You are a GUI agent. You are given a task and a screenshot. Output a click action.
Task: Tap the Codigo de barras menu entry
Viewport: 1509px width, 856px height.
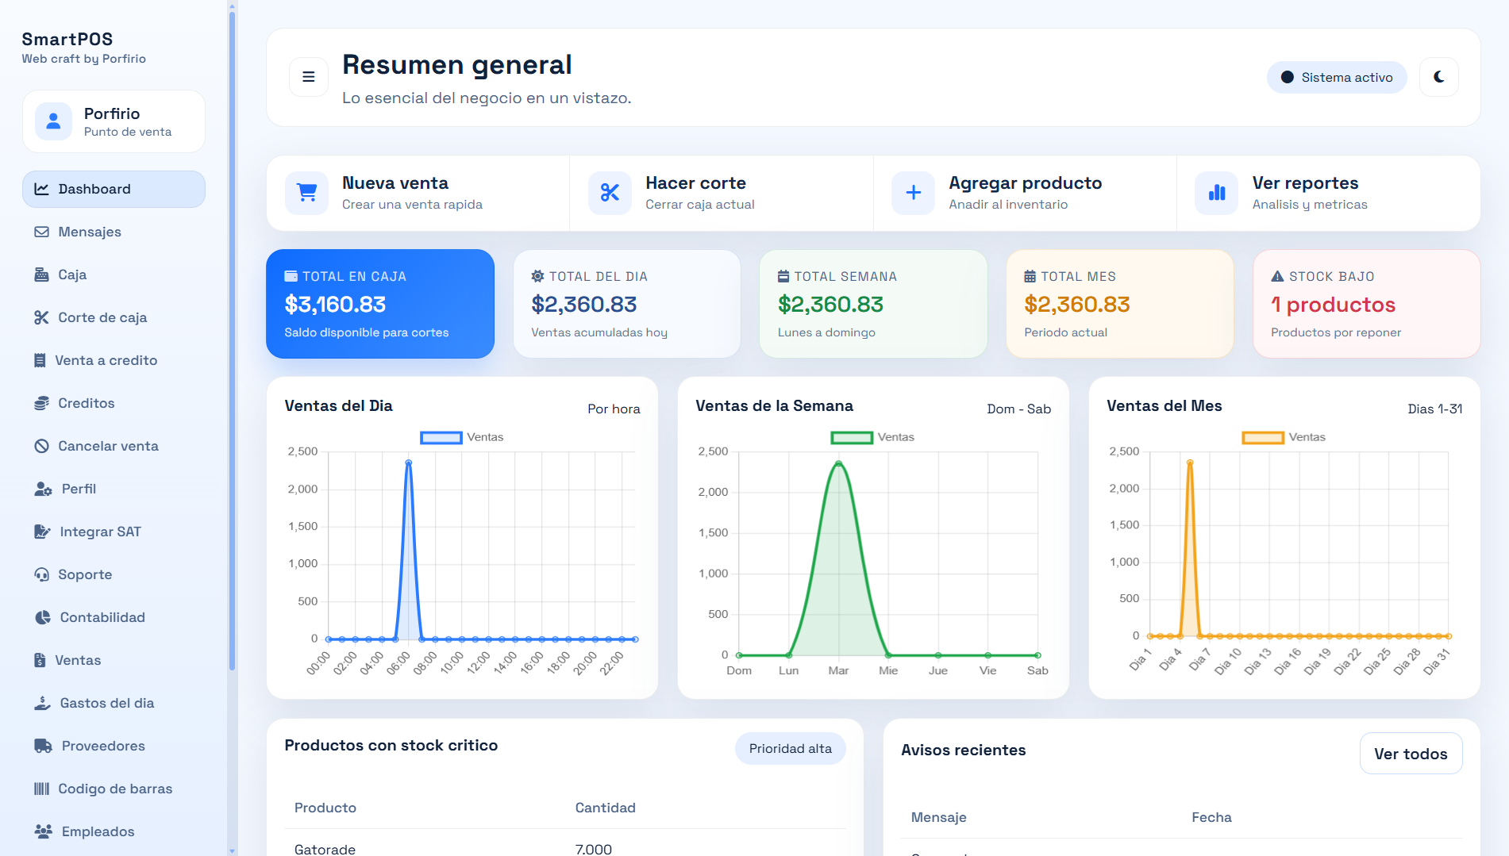pos(114,789)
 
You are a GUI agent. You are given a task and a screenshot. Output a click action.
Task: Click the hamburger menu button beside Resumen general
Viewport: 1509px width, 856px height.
pos(309,77)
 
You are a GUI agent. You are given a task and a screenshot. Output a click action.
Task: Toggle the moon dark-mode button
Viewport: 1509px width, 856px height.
pos(1439,77)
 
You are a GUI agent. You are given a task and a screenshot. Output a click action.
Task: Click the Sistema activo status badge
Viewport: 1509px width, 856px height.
pos(1337,77)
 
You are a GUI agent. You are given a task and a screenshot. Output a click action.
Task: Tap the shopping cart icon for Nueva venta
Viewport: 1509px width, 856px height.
pos(306,193)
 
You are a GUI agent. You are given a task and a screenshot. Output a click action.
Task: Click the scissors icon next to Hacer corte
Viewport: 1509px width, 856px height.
pos(610,193)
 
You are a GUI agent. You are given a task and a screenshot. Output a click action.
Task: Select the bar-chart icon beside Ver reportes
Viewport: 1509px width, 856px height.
pos(1217,193)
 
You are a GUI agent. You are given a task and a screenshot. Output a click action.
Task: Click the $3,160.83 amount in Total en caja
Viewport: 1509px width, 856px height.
pos(335,305)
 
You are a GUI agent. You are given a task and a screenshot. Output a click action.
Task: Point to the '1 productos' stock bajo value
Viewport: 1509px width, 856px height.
pos(1333,305)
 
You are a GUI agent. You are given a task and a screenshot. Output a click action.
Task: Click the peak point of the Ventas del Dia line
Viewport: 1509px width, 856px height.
pos(409,463)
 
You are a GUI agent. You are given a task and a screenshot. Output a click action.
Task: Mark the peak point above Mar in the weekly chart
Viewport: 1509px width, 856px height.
pos(838,464)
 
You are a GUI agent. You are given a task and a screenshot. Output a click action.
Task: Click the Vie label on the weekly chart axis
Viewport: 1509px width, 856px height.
pos(987,670)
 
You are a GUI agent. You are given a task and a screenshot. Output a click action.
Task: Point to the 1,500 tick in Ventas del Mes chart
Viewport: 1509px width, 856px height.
pos(1124,525)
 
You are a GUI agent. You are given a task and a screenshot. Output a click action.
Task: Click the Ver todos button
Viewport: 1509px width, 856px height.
pos(1411,754)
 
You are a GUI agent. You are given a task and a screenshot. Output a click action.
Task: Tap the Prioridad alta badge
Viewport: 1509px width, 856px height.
pos(791,749)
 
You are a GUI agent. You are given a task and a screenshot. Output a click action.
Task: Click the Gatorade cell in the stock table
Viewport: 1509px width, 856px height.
pos(325,849)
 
